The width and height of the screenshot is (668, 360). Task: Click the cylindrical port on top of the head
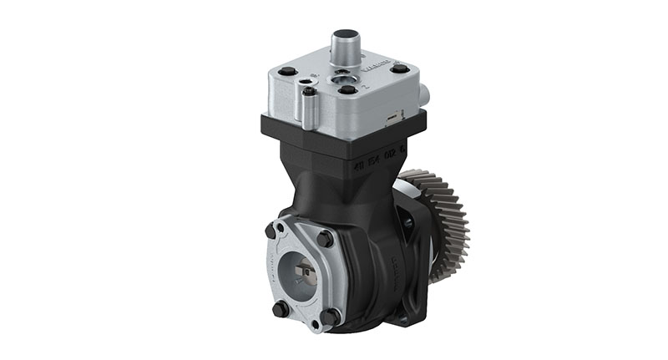(x=345, y=46)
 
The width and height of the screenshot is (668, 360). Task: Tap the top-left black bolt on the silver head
(x=288, y=73)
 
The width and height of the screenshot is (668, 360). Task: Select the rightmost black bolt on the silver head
(x=400, y=68)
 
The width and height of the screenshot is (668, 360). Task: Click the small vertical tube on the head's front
(x=309, y=108)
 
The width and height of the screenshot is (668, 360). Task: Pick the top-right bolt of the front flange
(x=325, y=239)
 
